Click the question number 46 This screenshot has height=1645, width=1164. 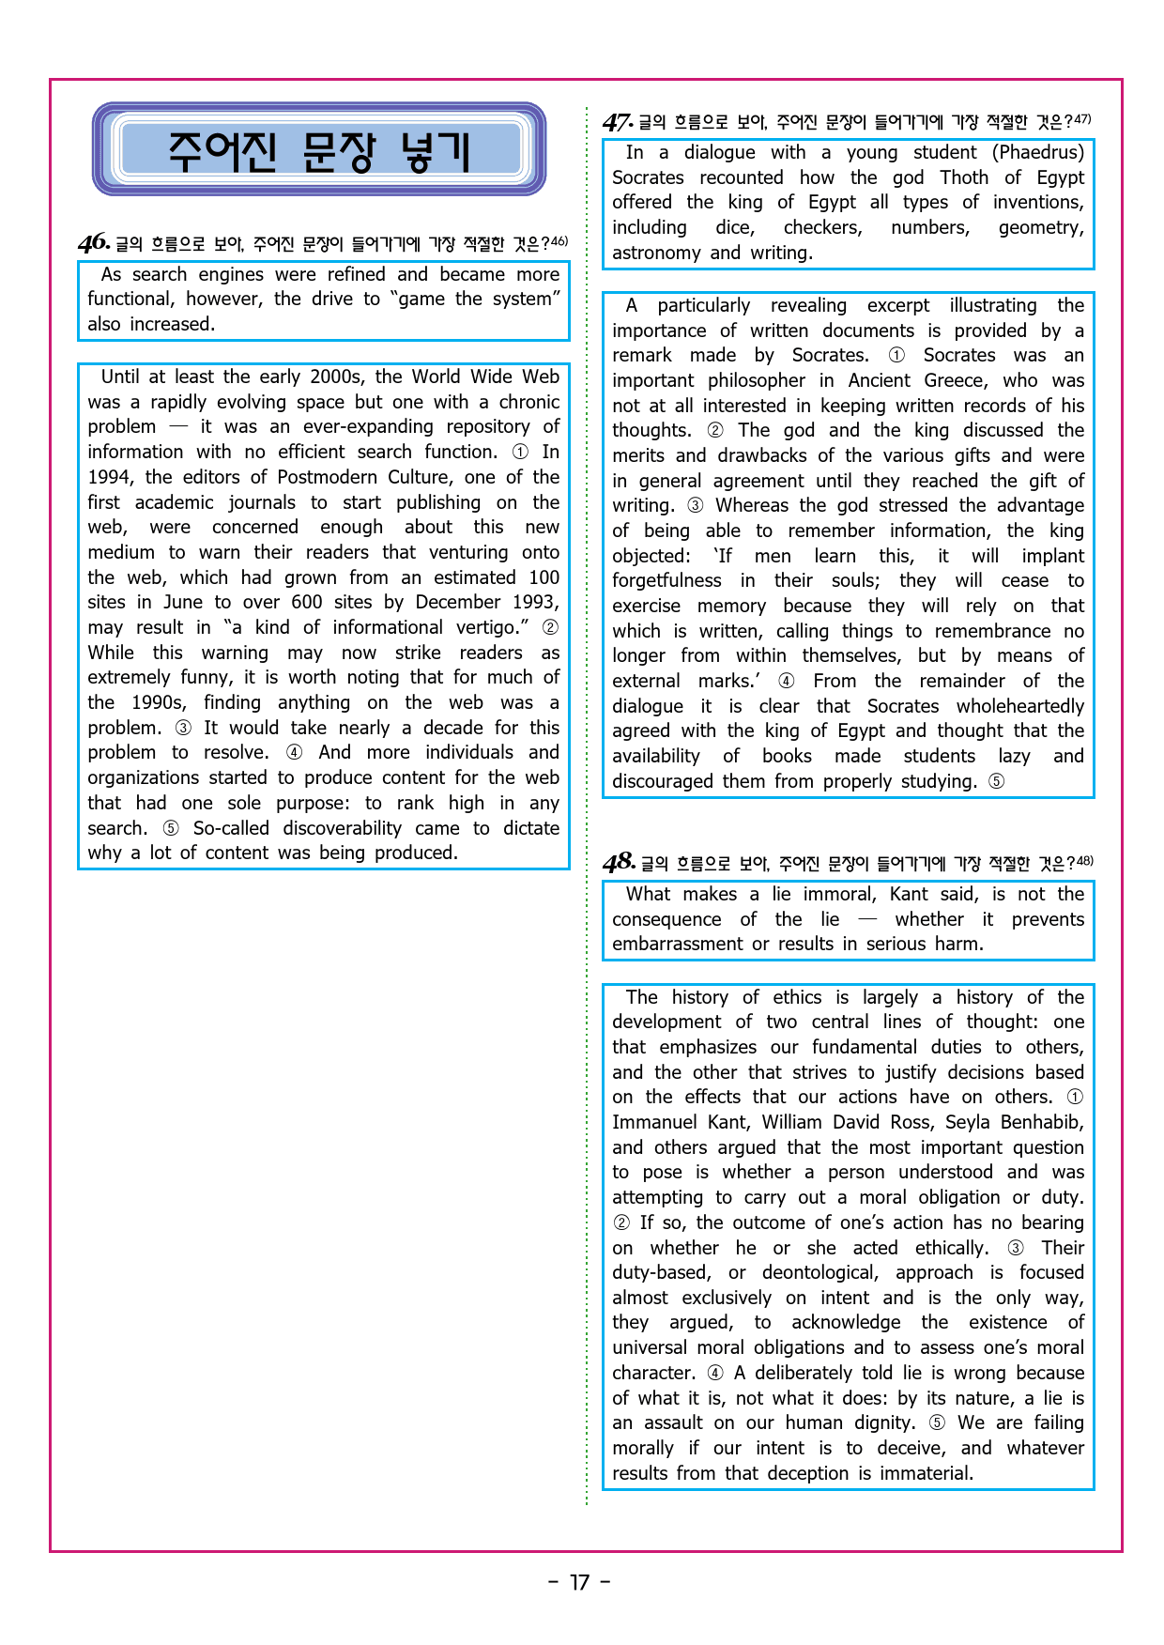(x=94, y=242)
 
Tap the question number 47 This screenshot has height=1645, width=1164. (x=618, y=122)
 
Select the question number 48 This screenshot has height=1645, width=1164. (x=619, y=862)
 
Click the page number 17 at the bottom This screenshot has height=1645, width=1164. (x=580, y=1582)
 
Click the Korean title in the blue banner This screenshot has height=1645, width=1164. (x=319, y=151)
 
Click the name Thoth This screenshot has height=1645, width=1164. (x=964, y=177)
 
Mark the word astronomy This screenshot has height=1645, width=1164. (x=655, y=253)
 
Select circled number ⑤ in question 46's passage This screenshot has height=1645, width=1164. (x=171, y=828)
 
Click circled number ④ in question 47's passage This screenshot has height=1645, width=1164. (x=786, y=681)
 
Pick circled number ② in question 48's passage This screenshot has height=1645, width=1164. (x=621, y=1222)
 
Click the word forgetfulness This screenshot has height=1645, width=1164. (x=666, y=580)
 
